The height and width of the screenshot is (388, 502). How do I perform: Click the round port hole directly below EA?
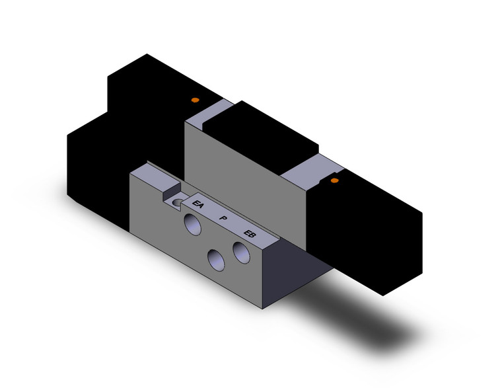(x=194, y=223)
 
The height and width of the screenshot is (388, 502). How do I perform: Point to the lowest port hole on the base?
(x=215, y=260)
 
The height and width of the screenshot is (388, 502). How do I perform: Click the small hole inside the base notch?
(x=177, y=202)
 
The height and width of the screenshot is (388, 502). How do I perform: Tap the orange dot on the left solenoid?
(x=194, y=100)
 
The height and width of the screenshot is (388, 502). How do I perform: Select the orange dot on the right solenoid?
(x=334, y=180)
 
